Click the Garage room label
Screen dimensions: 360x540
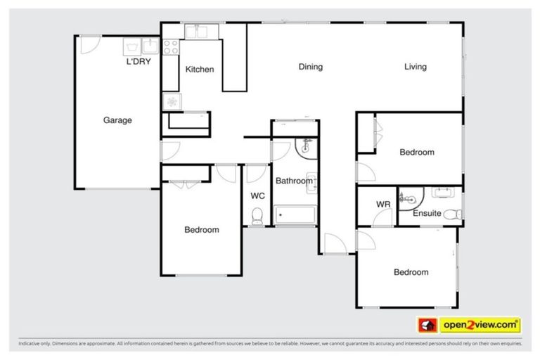(x=117, y=120)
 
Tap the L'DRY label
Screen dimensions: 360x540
(x=139, y=62)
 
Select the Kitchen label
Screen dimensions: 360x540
(x=199, y=70)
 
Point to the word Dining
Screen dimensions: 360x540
(x=310, y=67)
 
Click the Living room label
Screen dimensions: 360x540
(x=415, y=67)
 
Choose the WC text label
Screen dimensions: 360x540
(x=257, y=196)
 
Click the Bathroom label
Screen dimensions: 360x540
(x=293, y=181)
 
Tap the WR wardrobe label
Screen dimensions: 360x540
(x=382, y=205)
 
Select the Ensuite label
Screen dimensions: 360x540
(x=427, y=213)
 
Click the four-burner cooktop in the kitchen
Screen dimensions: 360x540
(x=170, y=46)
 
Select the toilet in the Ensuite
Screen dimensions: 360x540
(x=456, y=214)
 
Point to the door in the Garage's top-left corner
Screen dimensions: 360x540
(x=86, y=44)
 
